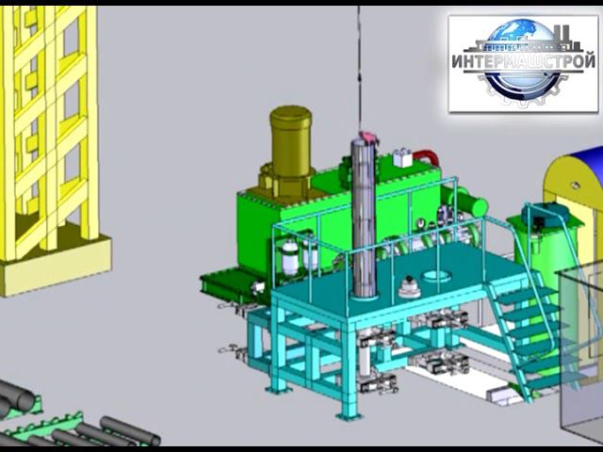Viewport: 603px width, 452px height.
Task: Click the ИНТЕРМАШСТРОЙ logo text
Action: point(523,61)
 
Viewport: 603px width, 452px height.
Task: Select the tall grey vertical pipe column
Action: point(364,219)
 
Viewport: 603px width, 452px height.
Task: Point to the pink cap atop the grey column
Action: point(367,137)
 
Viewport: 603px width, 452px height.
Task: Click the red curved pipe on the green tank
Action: point(426,156)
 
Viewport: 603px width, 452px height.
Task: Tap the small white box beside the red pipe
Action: point(402,157)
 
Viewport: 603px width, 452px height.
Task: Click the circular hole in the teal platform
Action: point(437,276)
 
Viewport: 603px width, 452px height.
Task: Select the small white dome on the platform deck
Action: point(409,287)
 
